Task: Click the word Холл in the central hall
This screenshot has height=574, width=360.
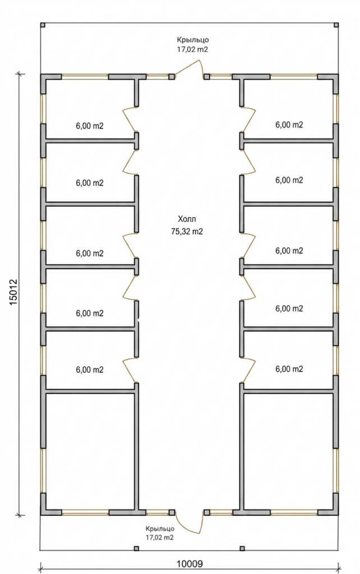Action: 187,219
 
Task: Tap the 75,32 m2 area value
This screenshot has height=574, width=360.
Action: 187,232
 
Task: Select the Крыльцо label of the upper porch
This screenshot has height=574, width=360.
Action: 193,40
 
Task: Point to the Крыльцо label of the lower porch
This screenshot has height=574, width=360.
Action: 160,529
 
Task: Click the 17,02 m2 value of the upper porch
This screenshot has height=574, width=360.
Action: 193,49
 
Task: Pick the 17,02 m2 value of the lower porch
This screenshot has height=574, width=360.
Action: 160,538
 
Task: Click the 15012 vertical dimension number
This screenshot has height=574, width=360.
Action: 13,293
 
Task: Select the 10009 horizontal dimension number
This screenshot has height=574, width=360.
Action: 190,563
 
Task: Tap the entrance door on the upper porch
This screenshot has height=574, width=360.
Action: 189,69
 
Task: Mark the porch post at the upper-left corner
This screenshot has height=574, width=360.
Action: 43,25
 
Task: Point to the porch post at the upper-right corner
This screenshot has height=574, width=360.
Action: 336,25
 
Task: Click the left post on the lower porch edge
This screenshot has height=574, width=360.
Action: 136,548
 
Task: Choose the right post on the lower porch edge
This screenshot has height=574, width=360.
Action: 242,548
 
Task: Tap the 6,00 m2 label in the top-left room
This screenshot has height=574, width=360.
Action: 90,126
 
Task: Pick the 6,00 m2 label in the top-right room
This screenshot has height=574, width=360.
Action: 289,125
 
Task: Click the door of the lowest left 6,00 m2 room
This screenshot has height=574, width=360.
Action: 130,371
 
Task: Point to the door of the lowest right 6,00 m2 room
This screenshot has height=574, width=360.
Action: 248,371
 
